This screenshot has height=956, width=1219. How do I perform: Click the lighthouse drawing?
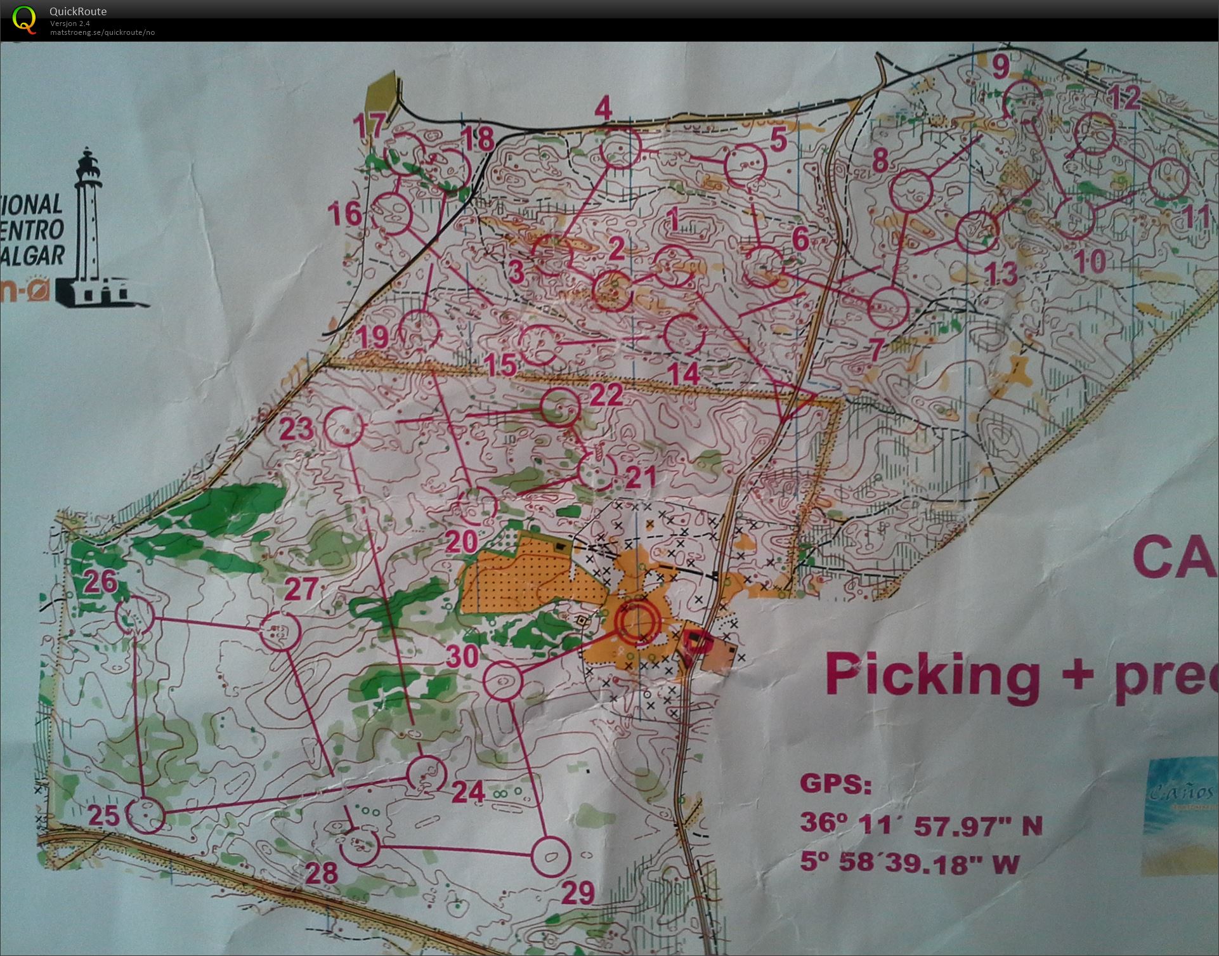tap(95, 228)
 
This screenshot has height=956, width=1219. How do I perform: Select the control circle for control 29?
tap(550, 856)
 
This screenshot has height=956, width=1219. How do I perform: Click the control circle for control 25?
tap(145, 815)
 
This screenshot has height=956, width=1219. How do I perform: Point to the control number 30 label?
tap(462, 657)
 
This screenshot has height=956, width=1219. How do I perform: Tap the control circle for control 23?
tap(344, 427)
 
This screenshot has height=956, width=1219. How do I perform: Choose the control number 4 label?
tap(603, 109)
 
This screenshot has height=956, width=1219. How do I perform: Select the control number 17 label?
tap(369, 125)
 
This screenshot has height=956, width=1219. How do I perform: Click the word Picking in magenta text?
tap(933, 675)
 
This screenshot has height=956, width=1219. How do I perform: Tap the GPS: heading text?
tap(835, 784)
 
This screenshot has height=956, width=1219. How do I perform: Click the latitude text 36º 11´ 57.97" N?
tap(920, 823)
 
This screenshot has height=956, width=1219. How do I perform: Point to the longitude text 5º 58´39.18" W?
tap(909, 863)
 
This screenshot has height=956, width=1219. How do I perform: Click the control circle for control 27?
tap(279, 631)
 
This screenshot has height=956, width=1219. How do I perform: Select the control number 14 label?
tap(683, 374)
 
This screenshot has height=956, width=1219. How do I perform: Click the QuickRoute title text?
tap(78, 11)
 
